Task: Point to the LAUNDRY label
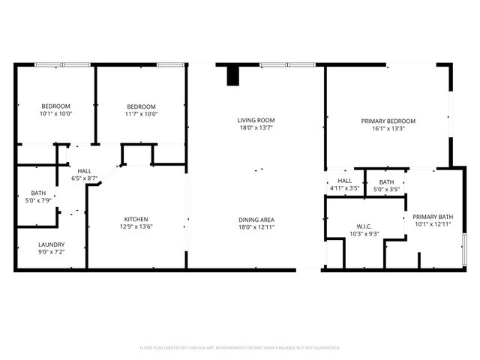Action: (51, 244)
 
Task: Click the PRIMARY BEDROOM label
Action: (388, 121)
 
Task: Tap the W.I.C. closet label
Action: (364, 226)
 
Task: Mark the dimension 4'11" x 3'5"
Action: (344, 189)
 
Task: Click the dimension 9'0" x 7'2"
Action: (51, 253)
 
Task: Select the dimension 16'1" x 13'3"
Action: (388, 128)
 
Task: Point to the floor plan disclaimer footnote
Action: (240, 348)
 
